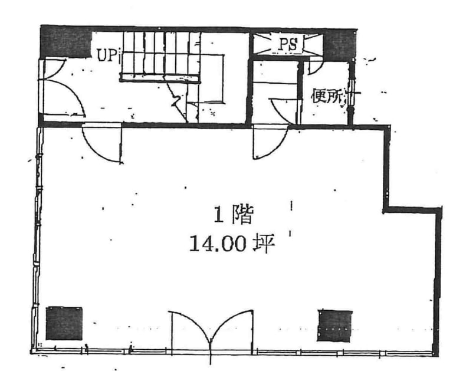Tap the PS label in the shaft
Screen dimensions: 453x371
287,44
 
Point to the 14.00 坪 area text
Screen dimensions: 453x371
232,244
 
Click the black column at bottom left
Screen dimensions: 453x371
64,323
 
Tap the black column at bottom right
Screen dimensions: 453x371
334,325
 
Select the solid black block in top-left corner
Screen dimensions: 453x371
65,42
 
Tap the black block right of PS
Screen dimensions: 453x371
339,44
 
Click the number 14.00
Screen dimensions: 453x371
216,244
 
